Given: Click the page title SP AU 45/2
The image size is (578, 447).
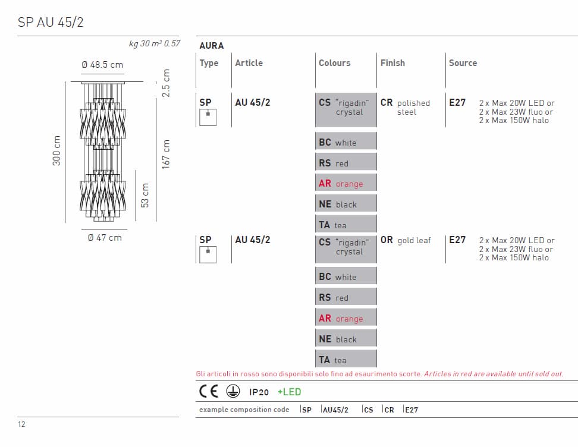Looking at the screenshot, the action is [x=51, y=22].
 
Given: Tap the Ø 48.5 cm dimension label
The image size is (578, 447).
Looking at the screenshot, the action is [x=102, y=65].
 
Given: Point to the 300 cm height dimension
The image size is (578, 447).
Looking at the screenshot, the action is [x=56, y=151].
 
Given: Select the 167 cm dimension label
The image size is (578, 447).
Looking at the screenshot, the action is [x=166, y=154].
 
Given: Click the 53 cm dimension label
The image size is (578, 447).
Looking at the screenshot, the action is [x=145, y=196].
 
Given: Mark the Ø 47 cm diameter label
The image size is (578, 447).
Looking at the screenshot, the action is [x=105, y=238].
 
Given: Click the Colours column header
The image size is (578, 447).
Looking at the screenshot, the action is [x=334, y=63].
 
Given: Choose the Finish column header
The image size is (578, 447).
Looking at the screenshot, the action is [x=392, y=63].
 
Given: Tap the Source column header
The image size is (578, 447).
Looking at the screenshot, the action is [x=463, y=63].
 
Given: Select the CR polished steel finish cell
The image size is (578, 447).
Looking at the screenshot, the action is [x=405, y=107].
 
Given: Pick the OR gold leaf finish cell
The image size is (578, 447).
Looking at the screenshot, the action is [x=406, y=240].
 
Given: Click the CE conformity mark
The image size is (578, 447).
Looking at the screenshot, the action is [x=209, y=391].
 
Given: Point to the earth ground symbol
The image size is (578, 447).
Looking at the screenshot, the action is [x=233, y=391].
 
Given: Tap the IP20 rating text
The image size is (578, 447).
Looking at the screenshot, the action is [x=259, y=392].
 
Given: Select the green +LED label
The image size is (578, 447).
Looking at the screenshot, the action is [x=290, y=392].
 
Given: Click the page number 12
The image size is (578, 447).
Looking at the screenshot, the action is [x=21, y=424].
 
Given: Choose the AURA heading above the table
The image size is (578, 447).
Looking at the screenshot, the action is [x=212, y=46].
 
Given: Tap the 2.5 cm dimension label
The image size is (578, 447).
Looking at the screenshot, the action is [x=166, y=83].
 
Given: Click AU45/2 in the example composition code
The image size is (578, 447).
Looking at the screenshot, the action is [x=335, y=410].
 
